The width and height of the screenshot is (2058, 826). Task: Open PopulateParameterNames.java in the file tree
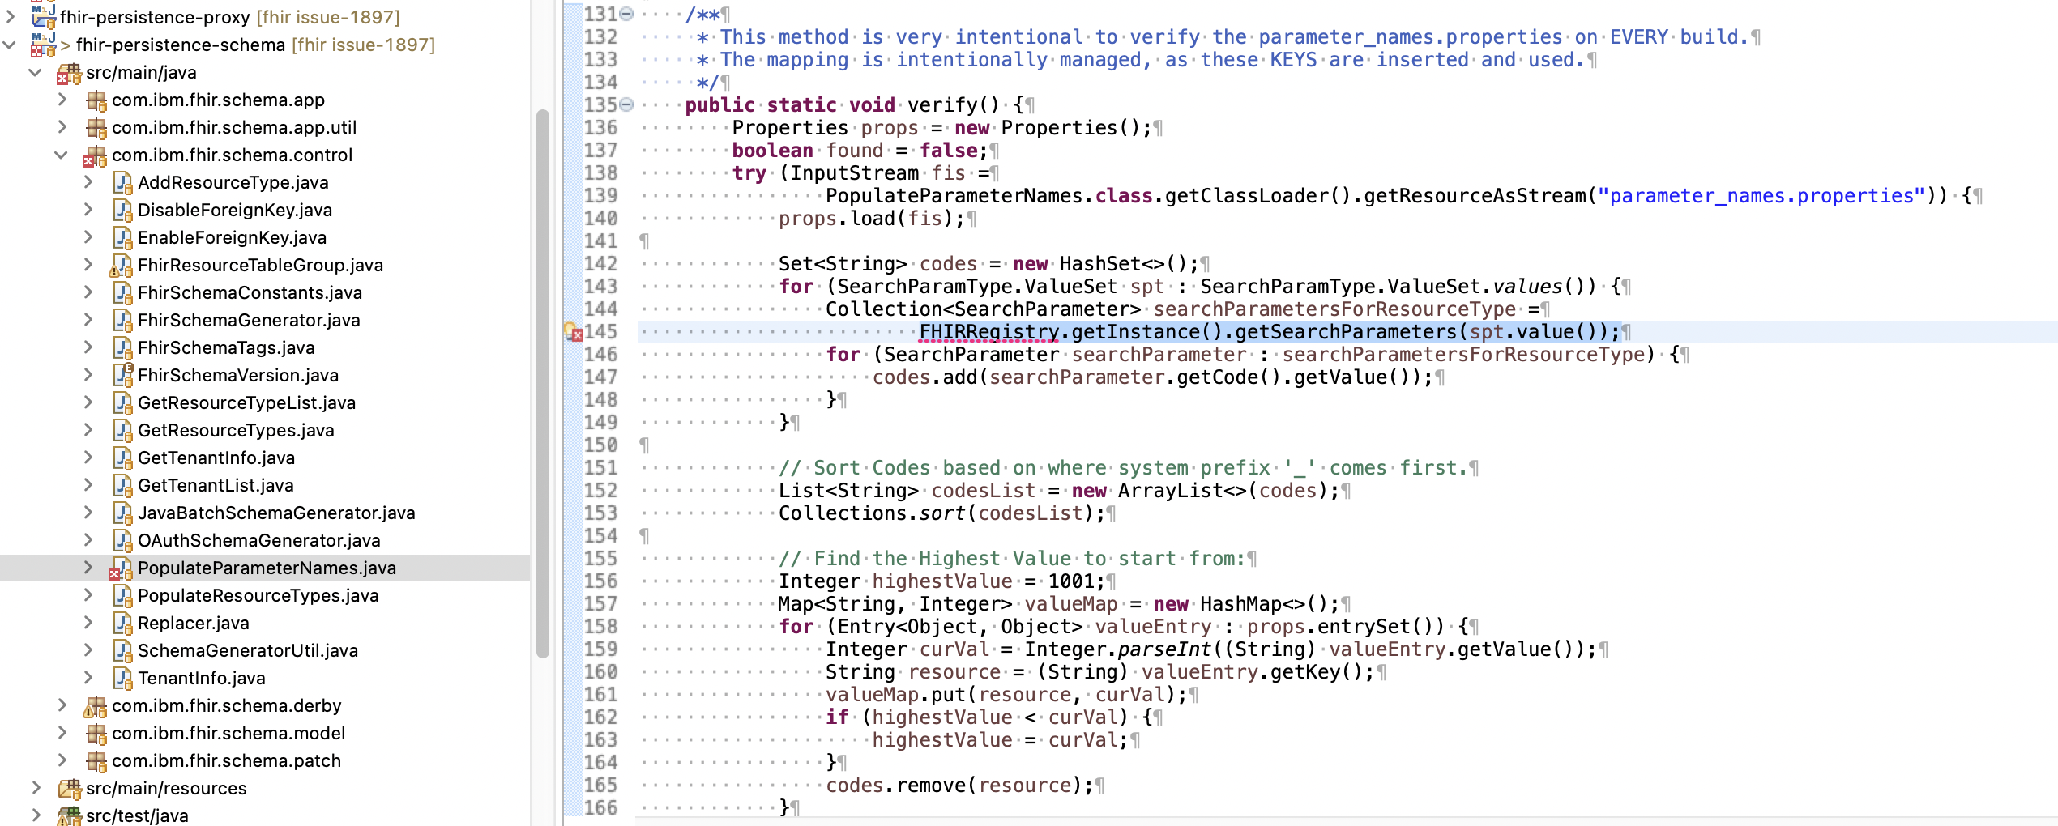click(266, 568)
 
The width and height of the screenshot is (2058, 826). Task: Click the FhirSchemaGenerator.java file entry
click(248, 320)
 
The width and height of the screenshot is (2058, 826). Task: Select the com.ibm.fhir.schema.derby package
click(226, 705)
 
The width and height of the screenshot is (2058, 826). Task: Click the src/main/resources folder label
click(166, 788)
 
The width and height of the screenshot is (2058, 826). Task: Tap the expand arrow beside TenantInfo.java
click(88, 678)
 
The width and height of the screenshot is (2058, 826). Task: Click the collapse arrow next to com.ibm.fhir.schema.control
click(62, 155)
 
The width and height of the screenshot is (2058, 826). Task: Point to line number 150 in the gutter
click(600, 445)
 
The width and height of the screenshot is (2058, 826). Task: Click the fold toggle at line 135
click(626, 104)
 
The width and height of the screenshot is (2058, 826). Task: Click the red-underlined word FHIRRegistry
click(988, 332)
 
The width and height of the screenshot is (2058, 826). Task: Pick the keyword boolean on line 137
click(772, 151)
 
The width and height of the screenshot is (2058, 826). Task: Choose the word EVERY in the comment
click(1638, 37)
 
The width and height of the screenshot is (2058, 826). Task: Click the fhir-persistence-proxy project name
click(155, 17)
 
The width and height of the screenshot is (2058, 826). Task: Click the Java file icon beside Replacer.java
click(122, 623)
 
